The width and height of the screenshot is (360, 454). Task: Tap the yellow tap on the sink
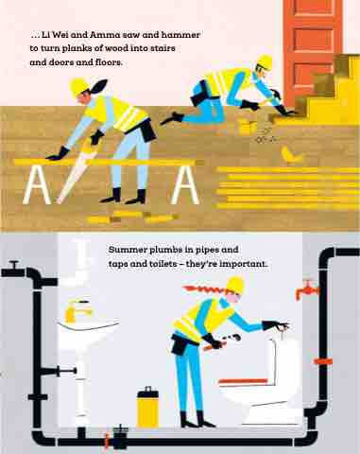[x=78, y=310]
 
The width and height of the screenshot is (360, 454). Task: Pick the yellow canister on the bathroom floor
[x=147, y=408]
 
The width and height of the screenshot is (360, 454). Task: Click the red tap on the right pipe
[x=306, y=289]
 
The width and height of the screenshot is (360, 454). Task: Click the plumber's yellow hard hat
[x=235, y=285]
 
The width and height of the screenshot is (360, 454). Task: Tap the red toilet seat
[x=243, y=381]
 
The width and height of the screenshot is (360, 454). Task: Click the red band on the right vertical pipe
[x=323, y=361]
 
